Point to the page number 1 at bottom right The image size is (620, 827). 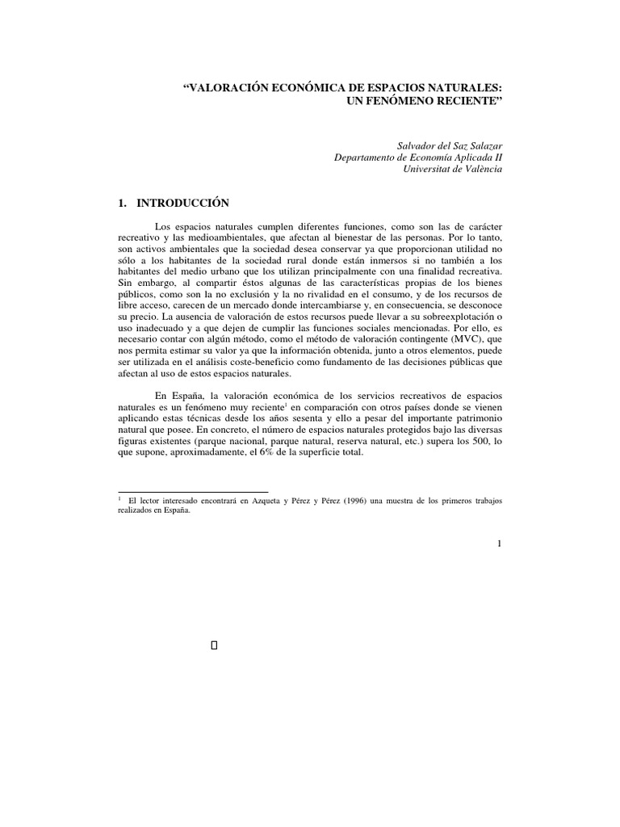click(x=500, y=544)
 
